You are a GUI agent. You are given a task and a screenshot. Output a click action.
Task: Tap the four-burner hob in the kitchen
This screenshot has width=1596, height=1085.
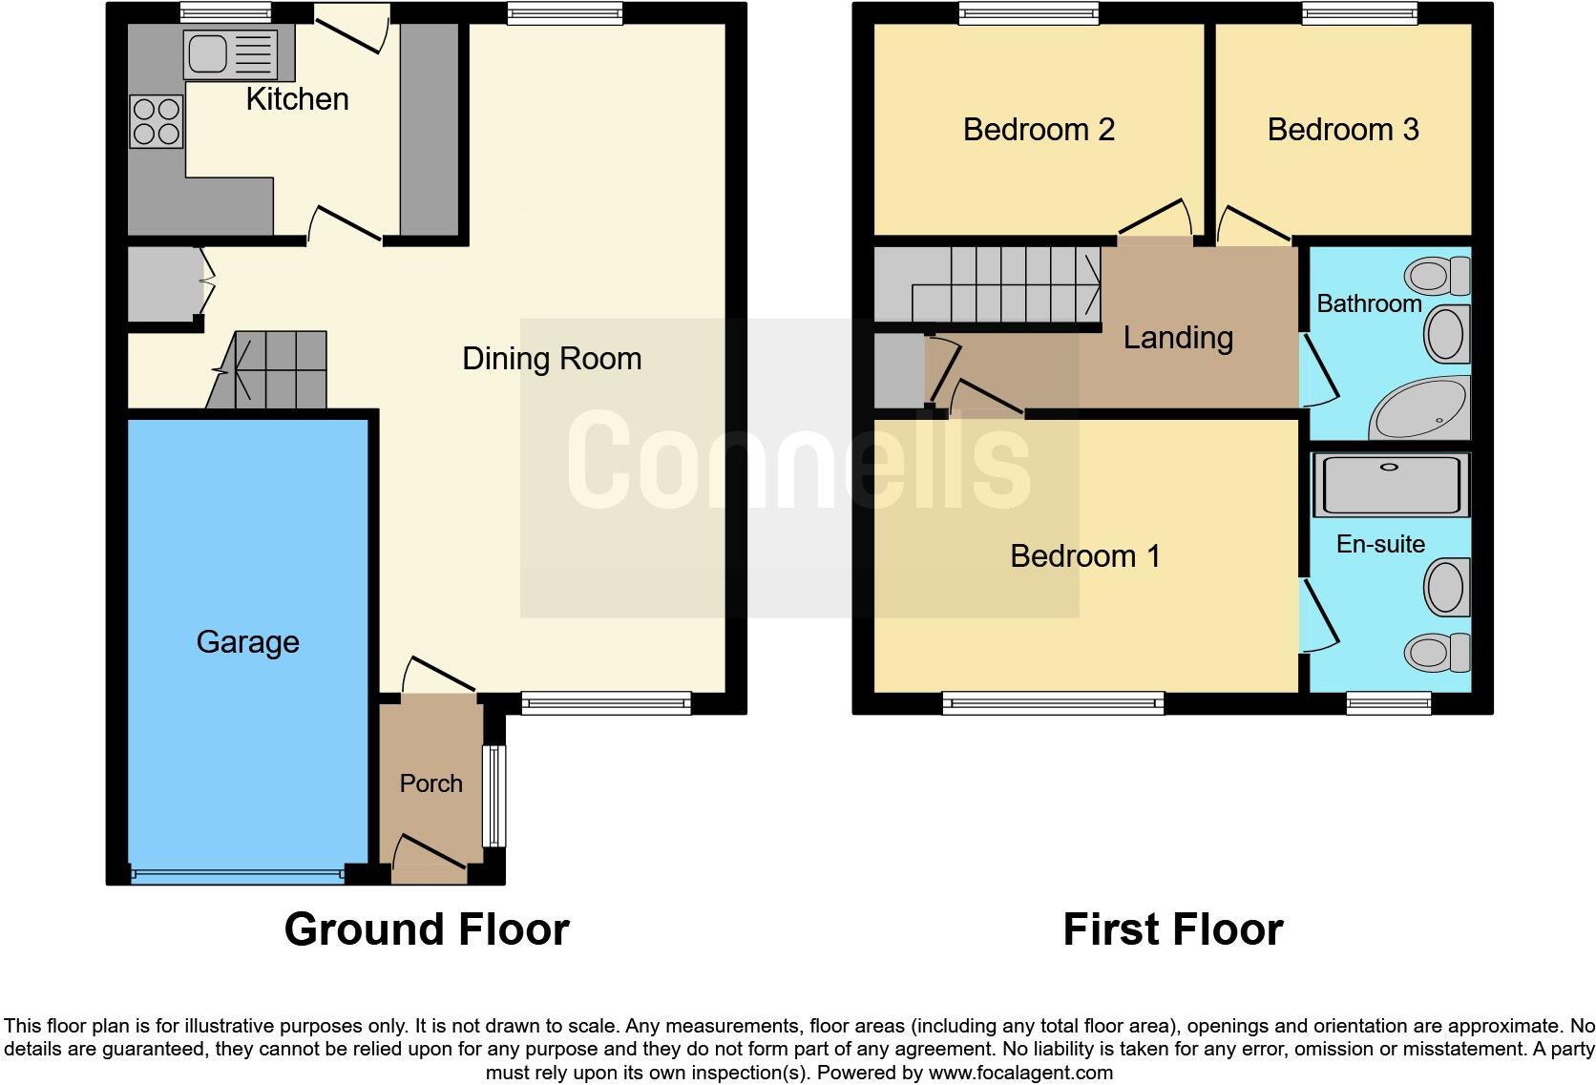coord(157,122)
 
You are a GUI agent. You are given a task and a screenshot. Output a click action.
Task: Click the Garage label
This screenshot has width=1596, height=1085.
coord(247,642)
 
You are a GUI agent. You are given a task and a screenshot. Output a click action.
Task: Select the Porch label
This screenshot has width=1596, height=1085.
coord(430,783)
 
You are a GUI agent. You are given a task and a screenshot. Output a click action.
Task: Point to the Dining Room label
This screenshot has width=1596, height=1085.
coord(551,359)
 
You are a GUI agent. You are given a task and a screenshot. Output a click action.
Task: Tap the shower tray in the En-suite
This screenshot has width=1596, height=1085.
coord(1390,485)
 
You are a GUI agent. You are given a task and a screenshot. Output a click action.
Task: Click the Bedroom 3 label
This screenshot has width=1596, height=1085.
coord(1342,130)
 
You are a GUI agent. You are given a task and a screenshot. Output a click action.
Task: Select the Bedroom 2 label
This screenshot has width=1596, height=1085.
coord(1039,130)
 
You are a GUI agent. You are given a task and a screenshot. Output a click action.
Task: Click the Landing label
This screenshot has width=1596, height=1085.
coord(1177,338)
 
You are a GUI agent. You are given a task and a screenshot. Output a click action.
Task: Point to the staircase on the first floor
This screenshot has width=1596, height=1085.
coord(1002,283)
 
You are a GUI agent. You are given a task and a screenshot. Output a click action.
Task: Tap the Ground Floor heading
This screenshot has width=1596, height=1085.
coord(426,929)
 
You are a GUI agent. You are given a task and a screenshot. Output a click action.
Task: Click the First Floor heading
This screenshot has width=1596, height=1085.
coord(1172,929)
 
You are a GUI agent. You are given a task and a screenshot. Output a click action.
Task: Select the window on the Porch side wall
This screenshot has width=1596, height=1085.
coord(493,796)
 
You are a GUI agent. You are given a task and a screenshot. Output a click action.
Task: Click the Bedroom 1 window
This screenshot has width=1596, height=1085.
coord(1053,703)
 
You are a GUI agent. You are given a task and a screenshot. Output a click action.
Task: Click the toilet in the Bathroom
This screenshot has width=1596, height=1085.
coord(1437,277)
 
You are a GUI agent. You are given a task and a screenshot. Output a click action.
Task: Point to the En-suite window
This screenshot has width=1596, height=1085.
coord(1388,703)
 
